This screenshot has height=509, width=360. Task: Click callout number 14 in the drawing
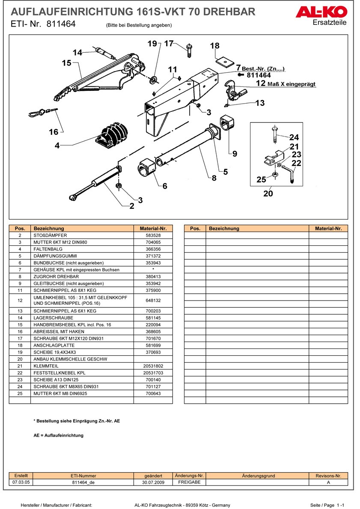[x=77, y=53]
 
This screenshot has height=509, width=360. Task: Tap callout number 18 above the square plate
[x=214, y=46]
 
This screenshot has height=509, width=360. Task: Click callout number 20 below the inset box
[x=268, y=193]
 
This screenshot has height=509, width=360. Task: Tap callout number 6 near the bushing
[x=165, y=186]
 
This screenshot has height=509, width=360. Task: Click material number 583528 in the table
[x=153, y=235]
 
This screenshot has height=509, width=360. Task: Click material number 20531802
[x=153, y=366]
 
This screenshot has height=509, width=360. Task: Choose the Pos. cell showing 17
[x=20, y=339]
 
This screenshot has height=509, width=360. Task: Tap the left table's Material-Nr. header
[x=153, y=229]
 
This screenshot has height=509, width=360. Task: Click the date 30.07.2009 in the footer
[x=153, y=482]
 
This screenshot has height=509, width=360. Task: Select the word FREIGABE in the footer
[x=189, y=482]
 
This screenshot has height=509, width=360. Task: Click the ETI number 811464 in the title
[x=61, y=24]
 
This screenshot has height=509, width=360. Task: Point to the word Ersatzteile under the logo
[x=330, y=22]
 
